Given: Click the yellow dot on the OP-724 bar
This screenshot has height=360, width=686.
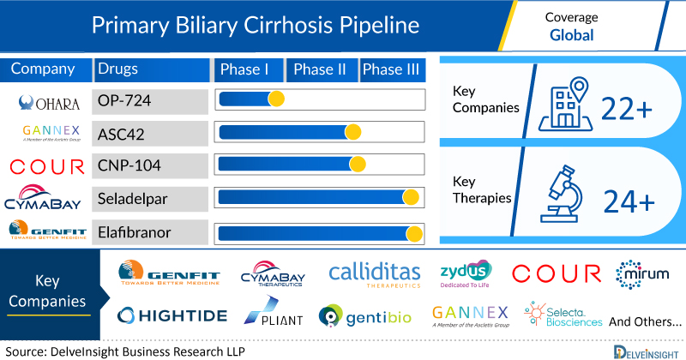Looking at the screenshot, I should (x=276, y=99).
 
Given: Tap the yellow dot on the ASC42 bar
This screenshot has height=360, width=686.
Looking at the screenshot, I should (x=352, y=132).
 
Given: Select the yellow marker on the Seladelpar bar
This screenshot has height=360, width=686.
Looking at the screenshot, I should (x=411, y=197).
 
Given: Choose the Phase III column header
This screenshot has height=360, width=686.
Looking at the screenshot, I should (x=392, y=69).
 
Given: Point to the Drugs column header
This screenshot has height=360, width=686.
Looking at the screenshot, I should (x=118, y=69).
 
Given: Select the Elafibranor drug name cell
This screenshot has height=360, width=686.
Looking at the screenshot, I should (x=150, y=231).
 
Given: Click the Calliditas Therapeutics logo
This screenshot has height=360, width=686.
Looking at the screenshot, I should (x=374, y=273).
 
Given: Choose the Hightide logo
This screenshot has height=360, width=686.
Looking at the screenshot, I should (x=171, y=315).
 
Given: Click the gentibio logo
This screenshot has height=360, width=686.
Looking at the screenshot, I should (x=365, y=316).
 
